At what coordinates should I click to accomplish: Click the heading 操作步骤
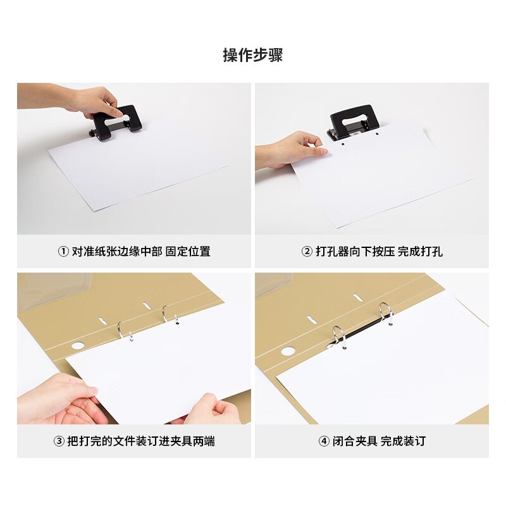click(x=253, y=55)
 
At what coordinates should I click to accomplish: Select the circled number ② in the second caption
click(x=306, y=251)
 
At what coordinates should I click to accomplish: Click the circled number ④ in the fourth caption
click(x=324, y=441)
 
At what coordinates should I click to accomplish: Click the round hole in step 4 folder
click(x=288, y=351)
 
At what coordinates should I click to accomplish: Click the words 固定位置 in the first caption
click(x=188, y=251)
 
